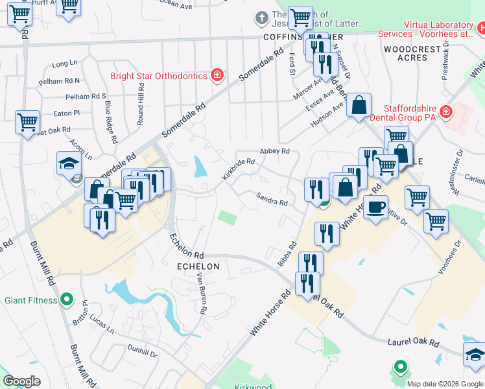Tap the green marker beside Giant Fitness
tap(65, 300)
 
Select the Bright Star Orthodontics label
tap(158, 76)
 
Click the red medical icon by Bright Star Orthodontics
tap(218, 76)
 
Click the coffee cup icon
tap(375, 207)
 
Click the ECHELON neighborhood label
tap(198, 266)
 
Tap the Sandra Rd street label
tap(272, 199)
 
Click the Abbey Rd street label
tap(274, 150)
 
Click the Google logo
tap(22, 381)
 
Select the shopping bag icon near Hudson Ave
tap(359, 104)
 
